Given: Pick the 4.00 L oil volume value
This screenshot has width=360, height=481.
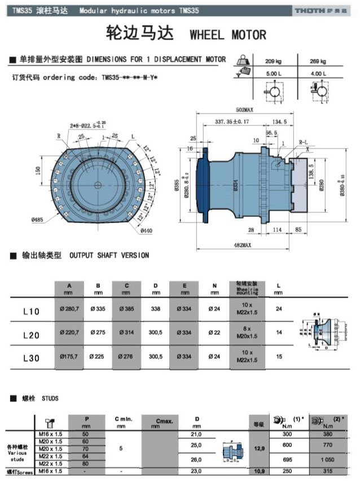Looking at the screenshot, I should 318,73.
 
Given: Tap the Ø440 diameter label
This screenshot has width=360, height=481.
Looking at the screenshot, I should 146,230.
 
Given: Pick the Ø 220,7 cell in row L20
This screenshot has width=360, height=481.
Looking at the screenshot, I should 69,334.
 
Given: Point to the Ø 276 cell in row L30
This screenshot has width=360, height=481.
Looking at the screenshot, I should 126,357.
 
